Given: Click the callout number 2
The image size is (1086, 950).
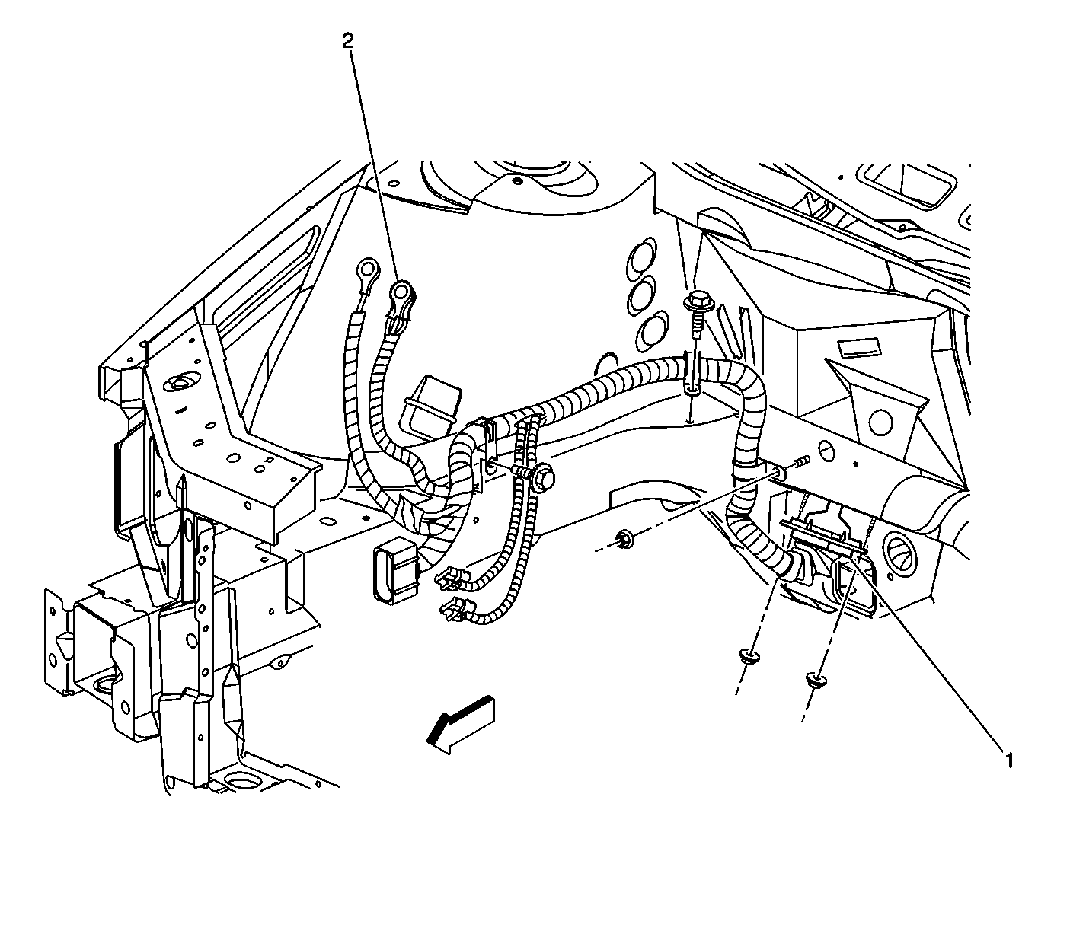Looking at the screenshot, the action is coord(348,42).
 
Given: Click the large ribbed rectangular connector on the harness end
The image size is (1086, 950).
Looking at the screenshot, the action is coord(394,575).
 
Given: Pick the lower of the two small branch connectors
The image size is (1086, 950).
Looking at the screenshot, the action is coord(454,610).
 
